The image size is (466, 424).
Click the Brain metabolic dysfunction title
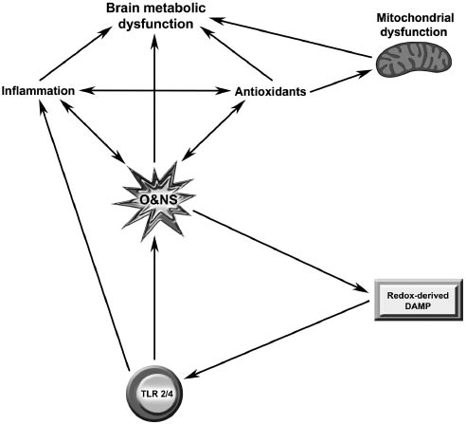pos(157,17)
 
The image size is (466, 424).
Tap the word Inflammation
pos(40,91)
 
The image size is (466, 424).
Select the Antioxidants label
pos(271,91)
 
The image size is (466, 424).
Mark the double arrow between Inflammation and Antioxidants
pos(155,91)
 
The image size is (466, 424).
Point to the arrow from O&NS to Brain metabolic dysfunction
pos(154,104)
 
